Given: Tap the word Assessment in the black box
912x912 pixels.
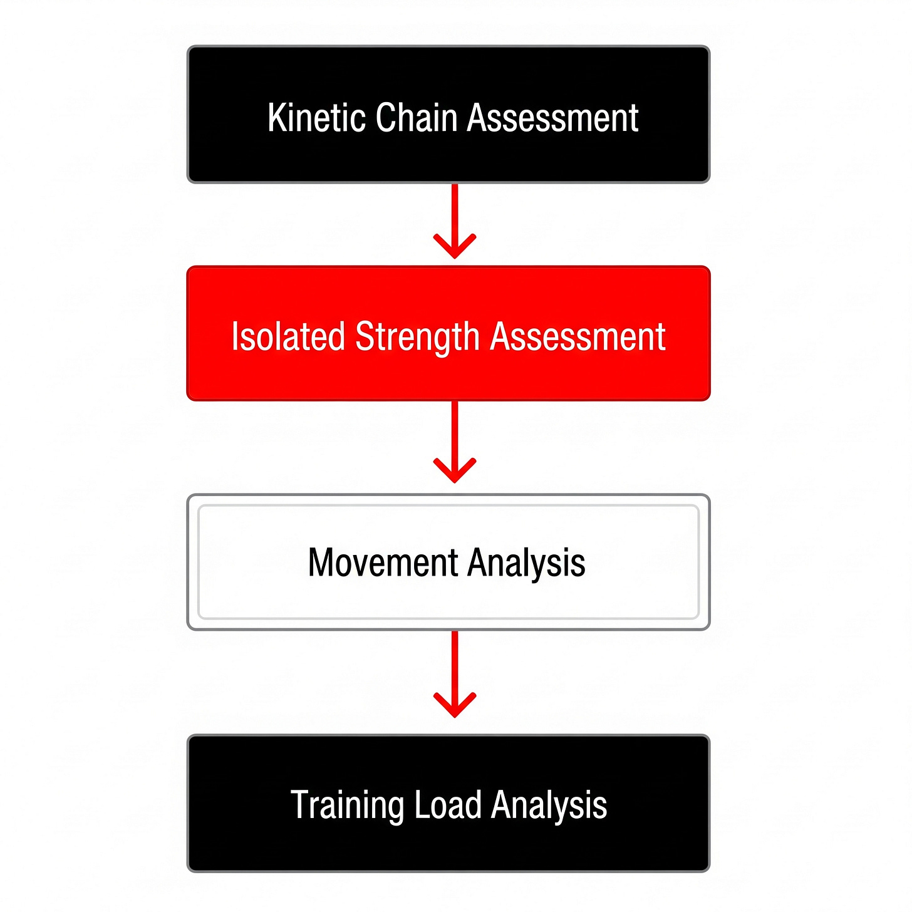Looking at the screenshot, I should tap(553, 118).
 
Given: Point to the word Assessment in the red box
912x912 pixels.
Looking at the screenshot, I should tap(578, 336).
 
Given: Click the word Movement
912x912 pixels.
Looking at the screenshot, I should tap(383, 562).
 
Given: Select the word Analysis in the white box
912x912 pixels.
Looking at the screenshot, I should tap(526, 562).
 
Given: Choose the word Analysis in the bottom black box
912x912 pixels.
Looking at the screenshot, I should tap(549, 805).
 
